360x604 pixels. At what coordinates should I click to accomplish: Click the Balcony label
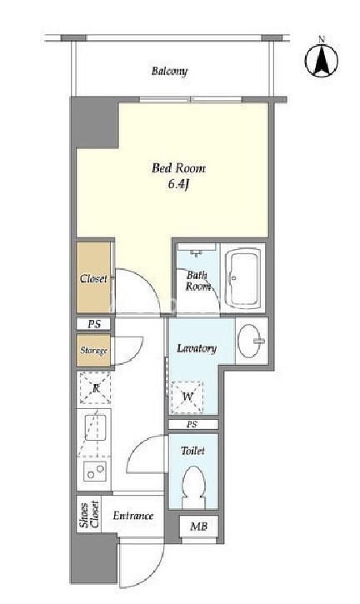(x=169, y=72)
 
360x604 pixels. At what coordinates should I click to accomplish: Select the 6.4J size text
(x=178, y=185)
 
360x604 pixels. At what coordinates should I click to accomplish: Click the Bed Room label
(x=178, y=168)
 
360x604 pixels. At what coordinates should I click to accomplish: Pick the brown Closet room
(x=93, y=277)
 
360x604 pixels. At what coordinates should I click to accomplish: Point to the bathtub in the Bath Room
(x=242, y=278)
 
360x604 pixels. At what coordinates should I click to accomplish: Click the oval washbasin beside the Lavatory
(x=249, y=341)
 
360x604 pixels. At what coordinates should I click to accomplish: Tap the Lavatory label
(x=197, y=348)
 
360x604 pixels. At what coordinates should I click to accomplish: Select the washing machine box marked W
(x=187, y=397)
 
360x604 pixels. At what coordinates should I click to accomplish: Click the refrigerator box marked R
(x=96, y=387)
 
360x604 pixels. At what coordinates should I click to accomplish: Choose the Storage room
(x=93, y=351)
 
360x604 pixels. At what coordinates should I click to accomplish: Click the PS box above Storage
(x=93, y=324)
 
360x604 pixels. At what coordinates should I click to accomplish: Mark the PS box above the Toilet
(x=193, y=425)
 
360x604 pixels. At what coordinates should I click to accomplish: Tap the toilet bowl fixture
(x=193, y=487)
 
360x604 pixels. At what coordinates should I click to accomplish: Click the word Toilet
(x=192, y=451)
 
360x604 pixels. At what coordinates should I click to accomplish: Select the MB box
(x=199, y=527)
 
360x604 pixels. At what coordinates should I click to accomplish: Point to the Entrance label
(x=133, y=516)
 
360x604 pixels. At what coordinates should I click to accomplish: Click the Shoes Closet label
(x=89, y=515)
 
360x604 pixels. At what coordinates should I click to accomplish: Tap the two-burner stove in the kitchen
(x=96, y=471)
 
